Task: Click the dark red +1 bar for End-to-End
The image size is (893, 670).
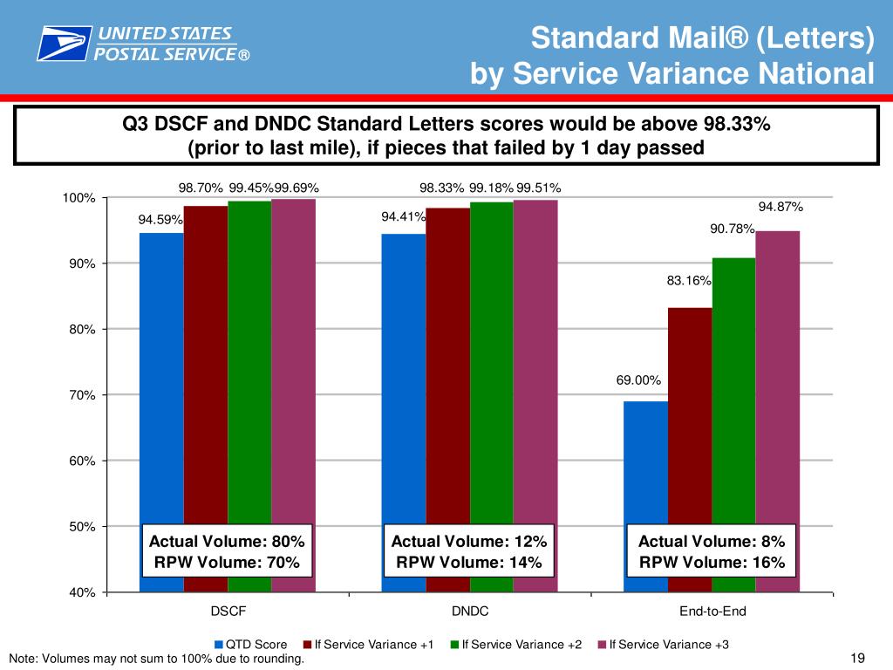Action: [x=690, y=436]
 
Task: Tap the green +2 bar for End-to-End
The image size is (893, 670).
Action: [x=733, y=393]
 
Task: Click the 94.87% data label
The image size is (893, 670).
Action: [x=781, y=207]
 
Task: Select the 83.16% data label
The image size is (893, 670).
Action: [x=689, y=281]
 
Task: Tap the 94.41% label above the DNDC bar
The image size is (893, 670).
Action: [x=403, y=216]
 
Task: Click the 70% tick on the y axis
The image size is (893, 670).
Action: [x=83, y=395]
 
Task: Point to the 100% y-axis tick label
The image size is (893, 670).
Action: [x=79, y=198]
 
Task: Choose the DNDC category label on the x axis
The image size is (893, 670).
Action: [x=470, y=611]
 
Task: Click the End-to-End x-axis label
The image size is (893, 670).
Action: [x=712, y=611]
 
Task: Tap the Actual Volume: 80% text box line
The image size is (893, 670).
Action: [x=228, y=541]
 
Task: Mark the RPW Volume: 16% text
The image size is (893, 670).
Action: [x=712, y=563]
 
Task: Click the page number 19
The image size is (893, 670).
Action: [x=856, y=658]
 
